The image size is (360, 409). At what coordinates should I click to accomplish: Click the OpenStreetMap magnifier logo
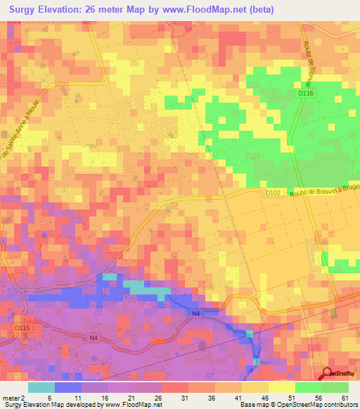click(x=327, y=374)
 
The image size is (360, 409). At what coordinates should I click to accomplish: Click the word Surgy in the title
click(x=28, y=10)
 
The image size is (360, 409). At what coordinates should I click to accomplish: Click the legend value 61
click(x=345, y=397)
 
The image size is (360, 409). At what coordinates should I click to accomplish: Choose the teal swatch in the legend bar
click(x=41, y=387)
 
